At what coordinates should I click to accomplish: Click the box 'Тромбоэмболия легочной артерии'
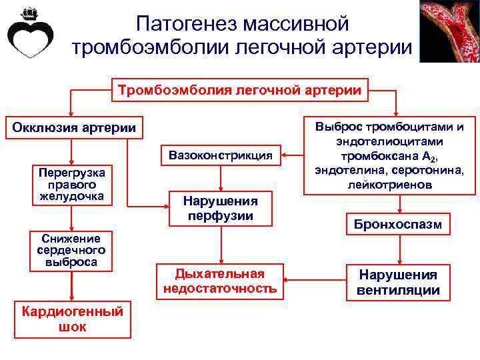240,89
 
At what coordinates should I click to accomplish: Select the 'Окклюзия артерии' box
73,127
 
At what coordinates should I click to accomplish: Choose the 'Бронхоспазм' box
399,224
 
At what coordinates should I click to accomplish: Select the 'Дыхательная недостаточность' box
220,281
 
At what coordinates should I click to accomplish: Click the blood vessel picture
449,31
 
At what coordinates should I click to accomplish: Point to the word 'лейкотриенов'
390,183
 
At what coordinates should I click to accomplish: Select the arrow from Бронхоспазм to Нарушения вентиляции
399,249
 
